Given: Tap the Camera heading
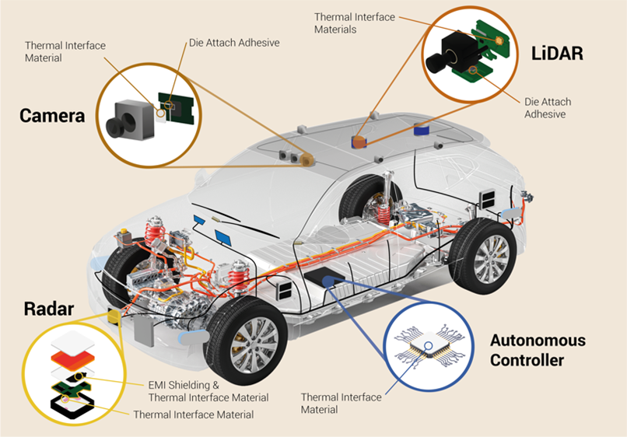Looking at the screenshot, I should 51,117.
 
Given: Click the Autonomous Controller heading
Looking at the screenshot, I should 538,350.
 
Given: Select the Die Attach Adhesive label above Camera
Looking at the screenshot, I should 233,43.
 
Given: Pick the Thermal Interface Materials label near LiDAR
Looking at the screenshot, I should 355,23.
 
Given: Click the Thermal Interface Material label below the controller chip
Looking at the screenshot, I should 342,403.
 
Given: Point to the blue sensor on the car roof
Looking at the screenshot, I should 422,128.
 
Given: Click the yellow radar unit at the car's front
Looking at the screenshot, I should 114,316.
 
